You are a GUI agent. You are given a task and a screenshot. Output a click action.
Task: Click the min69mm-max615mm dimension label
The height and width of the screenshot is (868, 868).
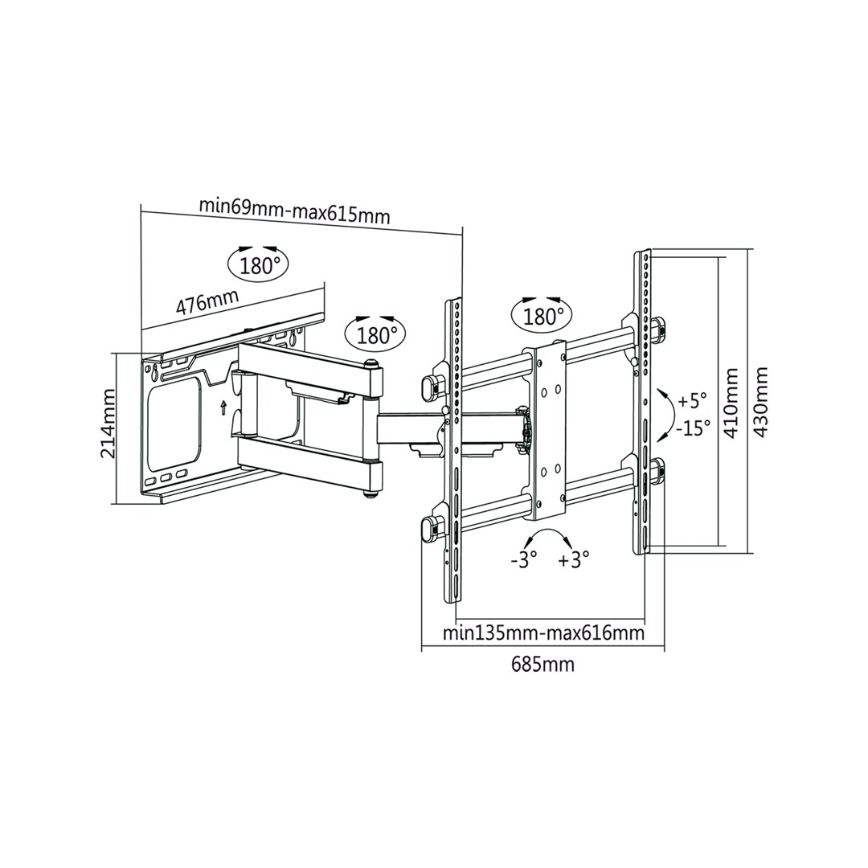294,211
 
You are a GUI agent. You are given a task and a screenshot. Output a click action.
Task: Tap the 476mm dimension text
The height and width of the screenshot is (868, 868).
207,303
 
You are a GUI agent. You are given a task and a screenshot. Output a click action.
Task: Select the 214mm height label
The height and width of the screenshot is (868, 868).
107,424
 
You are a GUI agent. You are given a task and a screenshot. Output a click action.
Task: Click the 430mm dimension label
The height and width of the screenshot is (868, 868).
760,402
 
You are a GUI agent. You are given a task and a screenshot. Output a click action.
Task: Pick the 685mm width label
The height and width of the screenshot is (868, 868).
543,664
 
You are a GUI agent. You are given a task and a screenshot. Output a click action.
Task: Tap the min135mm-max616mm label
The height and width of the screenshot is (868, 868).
543,633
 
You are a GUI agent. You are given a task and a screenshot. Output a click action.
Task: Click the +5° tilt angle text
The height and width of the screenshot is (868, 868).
692,399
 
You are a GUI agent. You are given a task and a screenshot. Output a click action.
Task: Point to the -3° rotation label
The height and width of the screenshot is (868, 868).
523,559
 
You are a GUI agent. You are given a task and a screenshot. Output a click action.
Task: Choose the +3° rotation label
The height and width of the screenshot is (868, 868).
574,559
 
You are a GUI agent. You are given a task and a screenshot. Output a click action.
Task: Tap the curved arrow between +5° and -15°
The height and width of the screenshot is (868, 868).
666,414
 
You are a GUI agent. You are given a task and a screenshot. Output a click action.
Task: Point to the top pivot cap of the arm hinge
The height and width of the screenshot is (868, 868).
372,366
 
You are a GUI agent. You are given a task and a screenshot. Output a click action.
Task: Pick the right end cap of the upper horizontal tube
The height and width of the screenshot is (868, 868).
660,328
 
